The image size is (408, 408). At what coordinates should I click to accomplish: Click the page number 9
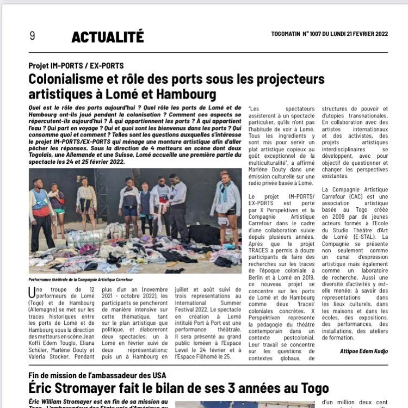coord(32,36)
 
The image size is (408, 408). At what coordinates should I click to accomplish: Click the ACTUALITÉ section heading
coord(108,37)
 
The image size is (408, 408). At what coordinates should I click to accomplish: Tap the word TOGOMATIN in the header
coord(289,34)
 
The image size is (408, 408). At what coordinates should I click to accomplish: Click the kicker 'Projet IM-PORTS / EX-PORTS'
coord(76,66)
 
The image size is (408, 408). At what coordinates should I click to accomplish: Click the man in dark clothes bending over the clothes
coord(177,209)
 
